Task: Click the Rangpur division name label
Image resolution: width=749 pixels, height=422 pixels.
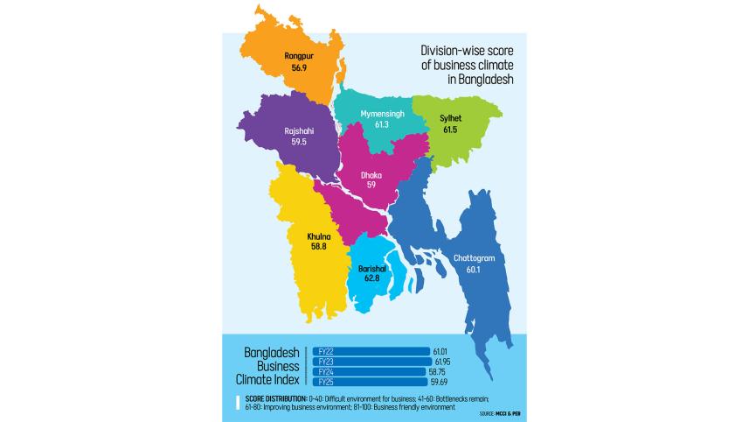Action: [x=299, y=56]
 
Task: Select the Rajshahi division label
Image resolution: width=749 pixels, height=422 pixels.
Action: [x=299, y=130]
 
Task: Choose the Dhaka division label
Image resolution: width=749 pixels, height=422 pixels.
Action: [x=371, y=174]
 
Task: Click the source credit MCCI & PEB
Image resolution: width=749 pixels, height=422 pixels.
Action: [x=507, y=412]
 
